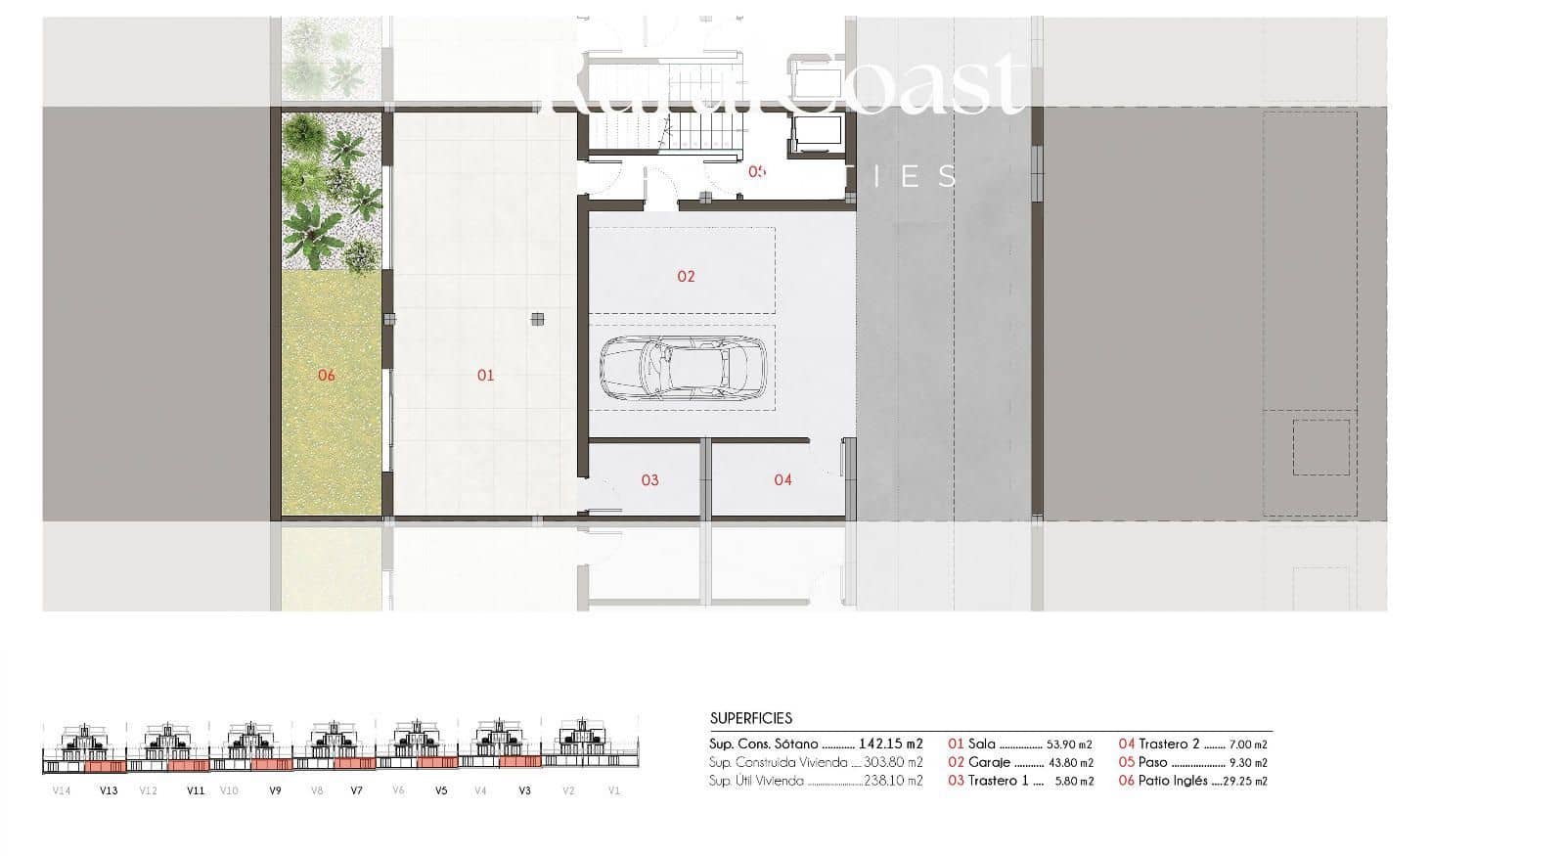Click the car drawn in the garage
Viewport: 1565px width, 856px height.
[x=675, y=368]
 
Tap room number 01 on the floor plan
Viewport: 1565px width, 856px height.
[x=485, y=375]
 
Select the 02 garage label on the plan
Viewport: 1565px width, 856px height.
[x=686, y=276]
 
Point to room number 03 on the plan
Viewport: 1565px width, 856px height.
[x=649, y=479]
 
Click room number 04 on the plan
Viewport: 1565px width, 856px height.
[x=782, y=479]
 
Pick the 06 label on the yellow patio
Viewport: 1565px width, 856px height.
[x=327, y=375]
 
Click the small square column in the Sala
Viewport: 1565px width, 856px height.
[x=537, y=318]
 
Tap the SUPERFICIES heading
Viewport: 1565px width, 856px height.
[x=751, y=718]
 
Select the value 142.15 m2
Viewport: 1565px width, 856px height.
[x=890, y=744]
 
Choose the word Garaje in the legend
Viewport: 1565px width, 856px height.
[x=988, y=762]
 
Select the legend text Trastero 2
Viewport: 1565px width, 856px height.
[x=1169, y=744]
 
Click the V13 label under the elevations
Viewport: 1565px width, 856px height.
[x=109, y=790]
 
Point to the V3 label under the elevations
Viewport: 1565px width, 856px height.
[x=524, y=790]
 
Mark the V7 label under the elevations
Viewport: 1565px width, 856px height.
[x=356, y=790]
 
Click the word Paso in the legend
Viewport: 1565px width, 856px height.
[x=1153, y=762]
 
